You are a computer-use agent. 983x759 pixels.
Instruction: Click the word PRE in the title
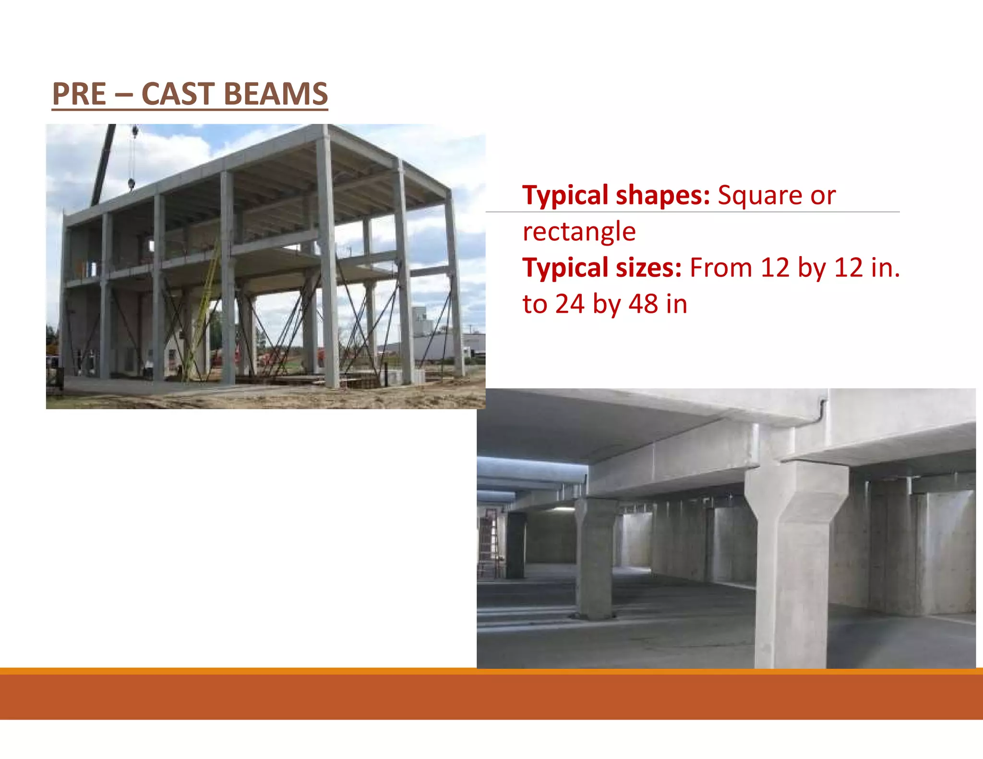point(79,94)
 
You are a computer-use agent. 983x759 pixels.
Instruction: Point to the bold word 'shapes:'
point(663,195)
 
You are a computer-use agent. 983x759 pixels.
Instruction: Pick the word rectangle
point(579,232)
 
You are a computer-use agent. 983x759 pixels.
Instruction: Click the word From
point(720,268)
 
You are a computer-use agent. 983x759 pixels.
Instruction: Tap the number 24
point(570,304)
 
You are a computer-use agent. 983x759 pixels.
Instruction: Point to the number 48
point(643,304)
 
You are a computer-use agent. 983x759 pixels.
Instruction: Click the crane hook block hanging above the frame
point(132,182)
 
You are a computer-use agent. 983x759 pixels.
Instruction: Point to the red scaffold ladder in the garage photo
point(488,542)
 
